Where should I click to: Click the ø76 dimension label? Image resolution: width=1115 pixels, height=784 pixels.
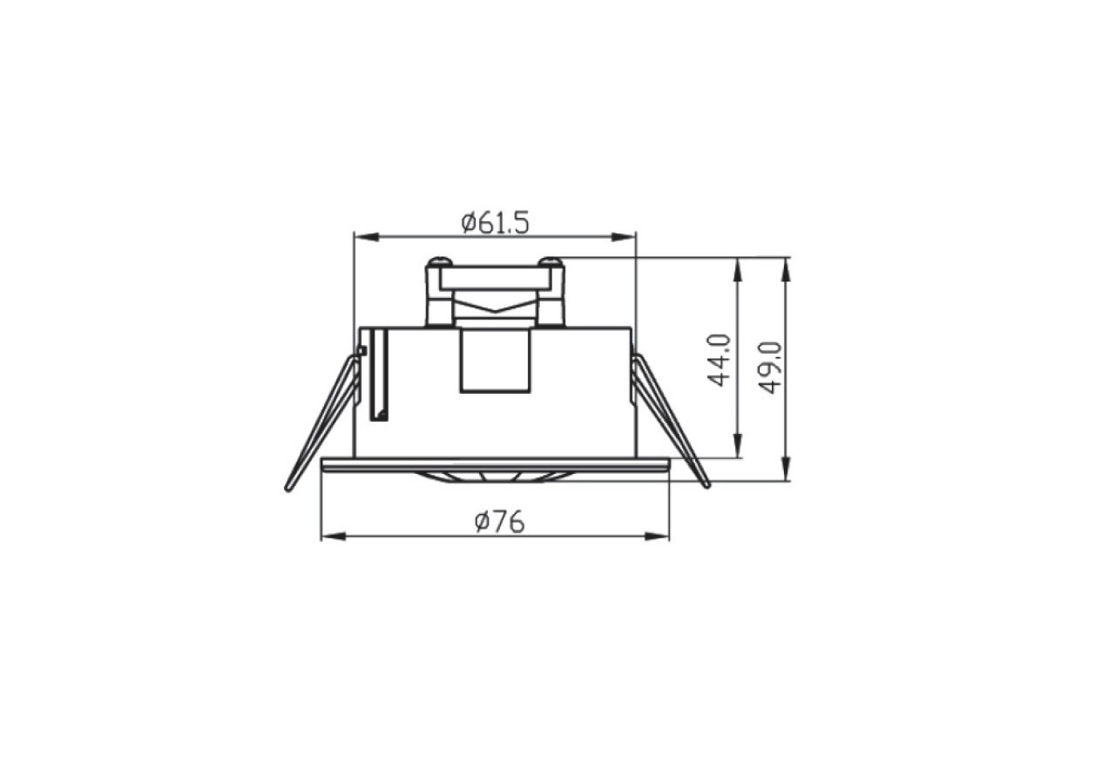point(499,523)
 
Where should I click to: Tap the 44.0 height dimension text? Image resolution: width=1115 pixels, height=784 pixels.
point(720,361)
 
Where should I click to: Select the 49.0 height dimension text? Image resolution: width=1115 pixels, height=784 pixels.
point(770,368)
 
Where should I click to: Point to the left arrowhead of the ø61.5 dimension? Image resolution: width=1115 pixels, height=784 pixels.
point(367,237)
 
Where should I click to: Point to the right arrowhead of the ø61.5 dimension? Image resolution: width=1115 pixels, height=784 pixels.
point(624,237)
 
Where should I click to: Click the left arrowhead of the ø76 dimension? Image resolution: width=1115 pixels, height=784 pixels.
point(334,537)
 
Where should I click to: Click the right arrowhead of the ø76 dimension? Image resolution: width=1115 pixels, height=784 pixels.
point(657,537)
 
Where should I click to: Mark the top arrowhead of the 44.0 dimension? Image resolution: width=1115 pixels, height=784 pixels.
point(738,270)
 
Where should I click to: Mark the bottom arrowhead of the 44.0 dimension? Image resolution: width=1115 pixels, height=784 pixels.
point(738,445)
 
